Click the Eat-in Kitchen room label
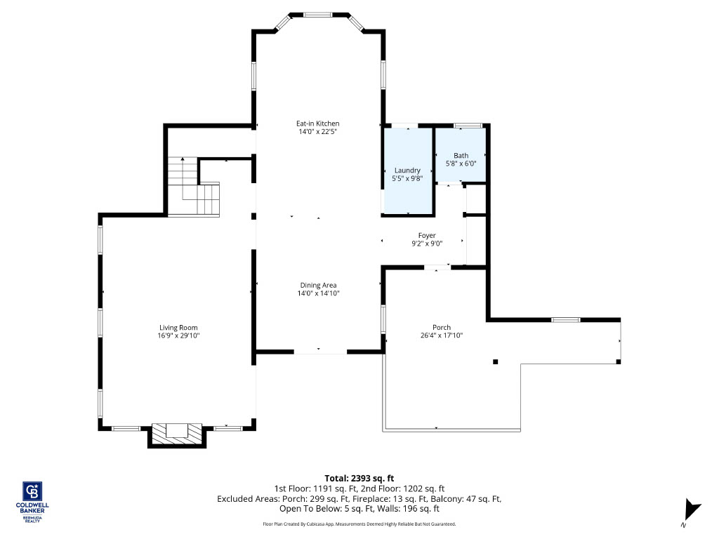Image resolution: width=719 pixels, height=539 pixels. point(318,124)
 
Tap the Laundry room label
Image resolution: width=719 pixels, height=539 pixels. point(407,170)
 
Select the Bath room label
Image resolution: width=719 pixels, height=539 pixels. point(461,155)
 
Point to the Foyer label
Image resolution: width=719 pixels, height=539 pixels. point(427,236)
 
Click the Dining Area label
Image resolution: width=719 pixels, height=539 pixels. point(318,285)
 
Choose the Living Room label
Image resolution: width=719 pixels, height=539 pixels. point(178,327)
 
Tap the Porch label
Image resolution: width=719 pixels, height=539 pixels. point(442,327)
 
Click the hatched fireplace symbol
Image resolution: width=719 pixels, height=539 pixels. point(177,433)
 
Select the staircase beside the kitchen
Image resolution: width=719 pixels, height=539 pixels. point(194,187)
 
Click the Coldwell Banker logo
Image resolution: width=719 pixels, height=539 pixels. point(32,502)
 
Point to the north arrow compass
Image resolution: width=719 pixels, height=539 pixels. point(692,512)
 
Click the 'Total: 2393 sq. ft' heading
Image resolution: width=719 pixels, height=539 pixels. point(359,479)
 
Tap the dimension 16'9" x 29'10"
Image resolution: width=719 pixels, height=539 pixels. point(178,335)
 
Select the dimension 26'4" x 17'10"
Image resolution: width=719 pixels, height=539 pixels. point(442,335)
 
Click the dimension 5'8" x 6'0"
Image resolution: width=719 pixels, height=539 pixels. point(461,164)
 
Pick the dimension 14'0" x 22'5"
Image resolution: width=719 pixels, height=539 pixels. point(318,132)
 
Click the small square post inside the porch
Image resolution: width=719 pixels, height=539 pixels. point(495,362)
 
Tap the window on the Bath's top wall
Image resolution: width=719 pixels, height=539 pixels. point(468,125)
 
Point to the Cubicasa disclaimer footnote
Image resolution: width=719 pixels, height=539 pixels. point(359,524)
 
